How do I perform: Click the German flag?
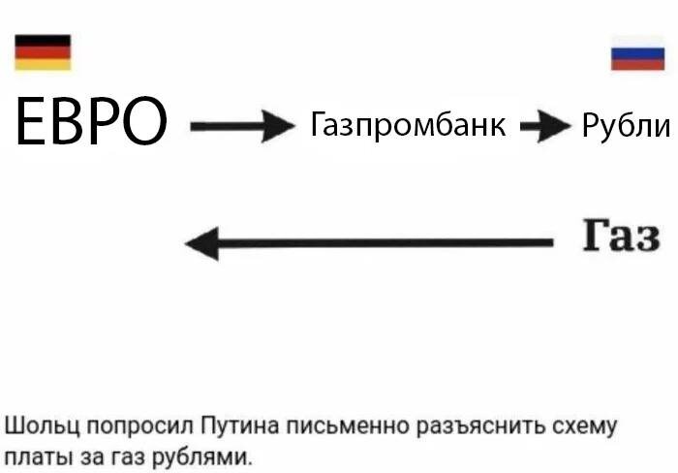(43, 52)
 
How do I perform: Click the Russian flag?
(637, 52)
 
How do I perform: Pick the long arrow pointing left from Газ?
(368, 242)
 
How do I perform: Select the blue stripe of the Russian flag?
(637, 52)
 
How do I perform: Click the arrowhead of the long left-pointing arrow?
(201, 242)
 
